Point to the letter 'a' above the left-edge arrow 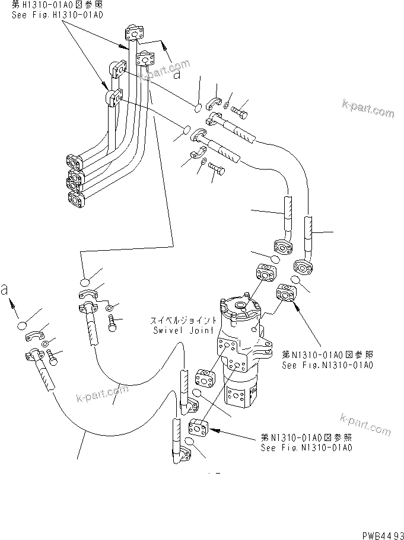[5, 290]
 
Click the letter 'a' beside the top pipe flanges [177, 75]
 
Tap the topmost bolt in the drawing [241, 110]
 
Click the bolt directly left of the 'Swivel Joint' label [113, 322]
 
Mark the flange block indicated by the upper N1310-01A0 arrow [287, 294]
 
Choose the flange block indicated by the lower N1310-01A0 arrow [198, 427]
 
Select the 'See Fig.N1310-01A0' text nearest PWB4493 [306, 448]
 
